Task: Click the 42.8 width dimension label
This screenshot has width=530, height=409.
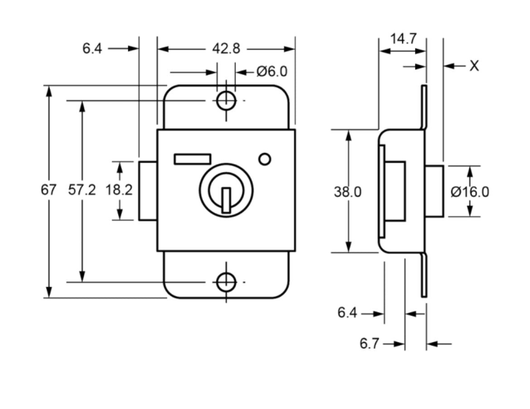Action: tap(226, 48)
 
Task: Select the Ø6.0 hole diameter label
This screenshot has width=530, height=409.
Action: tap(272, 72)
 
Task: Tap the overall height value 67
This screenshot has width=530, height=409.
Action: tap(49, 190)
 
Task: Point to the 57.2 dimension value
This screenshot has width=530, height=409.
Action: tap(82, 190)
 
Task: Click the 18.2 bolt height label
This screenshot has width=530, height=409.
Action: tap(119, 190)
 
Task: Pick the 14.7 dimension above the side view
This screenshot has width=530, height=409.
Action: tap(403, 39)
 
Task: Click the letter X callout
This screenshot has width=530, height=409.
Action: tap(474, 66)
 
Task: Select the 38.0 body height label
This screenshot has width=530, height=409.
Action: tap(347, 192)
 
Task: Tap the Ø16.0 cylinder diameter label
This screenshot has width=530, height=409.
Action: tap(470, 192)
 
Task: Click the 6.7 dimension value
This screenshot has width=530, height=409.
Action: tap(369, 344)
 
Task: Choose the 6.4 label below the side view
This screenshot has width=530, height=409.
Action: tap(347, 313)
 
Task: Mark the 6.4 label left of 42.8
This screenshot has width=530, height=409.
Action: tap(92, 48)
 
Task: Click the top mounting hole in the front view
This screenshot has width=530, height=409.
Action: tap(226, 101)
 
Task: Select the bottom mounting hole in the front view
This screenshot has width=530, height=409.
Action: tap(226, 282)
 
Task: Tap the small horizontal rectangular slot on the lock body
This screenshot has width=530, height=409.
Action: tap(193, 159)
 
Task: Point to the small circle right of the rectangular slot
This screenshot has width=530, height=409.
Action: tap(265, 159)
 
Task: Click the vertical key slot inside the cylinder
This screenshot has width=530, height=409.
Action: tap(226, 200)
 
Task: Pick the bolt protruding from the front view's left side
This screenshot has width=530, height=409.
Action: tap(148, 191)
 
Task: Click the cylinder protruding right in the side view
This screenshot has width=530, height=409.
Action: tap(434, 191)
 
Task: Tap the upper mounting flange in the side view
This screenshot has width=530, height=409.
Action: tap(424, 106)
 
